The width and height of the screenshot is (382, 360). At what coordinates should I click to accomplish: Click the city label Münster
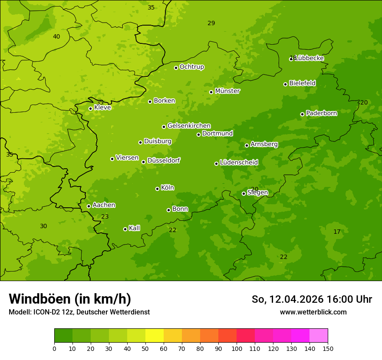[227, 91]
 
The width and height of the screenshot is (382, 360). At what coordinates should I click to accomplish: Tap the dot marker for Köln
[157, 189]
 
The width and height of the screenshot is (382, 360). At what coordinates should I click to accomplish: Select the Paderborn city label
[321, 113]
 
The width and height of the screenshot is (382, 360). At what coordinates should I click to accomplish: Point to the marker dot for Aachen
[89, 206]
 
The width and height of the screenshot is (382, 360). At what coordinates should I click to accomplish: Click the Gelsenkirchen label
[189, 126]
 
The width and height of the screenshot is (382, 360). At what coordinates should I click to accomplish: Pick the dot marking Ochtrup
[176, 68]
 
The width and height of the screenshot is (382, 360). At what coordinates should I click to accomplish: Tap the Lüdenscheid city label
[239, 163]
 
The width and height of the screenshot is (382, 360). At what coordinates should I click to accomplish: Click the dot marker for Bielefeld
[285, 84]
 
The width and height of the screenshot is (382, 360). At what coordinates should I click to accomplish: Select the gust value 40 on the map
[56, 36]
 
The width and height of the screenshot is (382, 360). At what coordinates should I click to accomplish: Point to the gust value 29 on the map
[211, 23]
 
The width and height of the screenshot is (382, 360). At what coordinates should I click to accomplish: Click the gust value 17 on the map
[337, 232]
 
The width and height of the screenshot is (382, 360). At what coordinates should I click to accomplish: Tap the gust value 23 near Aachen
[105, 216]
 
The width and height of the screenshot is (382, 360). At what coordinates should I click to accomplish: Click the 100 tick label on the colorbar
[237, 348]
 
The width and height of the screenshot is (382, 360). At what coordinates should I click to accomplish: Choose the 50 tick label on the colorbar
[145, 348]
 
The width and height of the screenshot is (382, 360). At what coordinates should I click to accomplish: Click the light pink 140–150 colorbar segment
[319, 336]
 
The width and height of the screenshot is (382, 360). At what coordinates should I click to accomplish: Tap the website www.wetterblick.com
[313, 312]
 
